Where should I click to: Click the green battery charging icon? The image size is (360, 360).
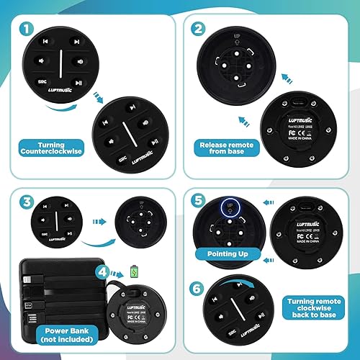(134, 271)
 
